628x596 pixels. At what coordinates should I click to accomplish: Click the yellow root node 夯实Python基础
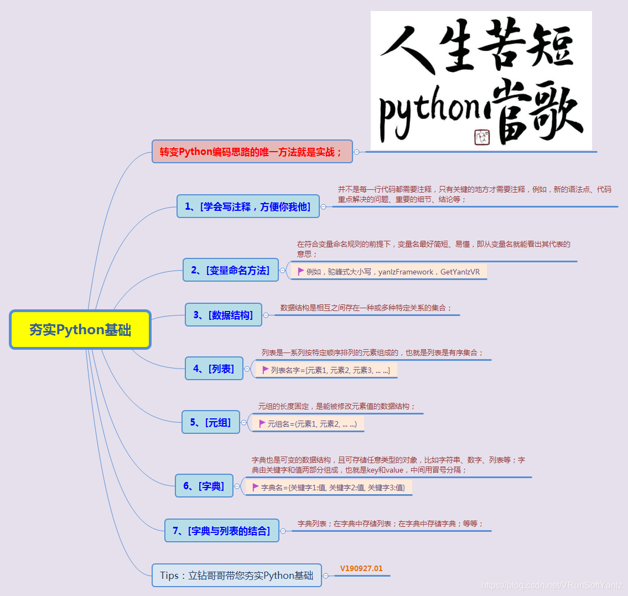80,330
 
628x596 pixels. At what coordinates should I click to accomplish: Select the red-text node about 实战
252,152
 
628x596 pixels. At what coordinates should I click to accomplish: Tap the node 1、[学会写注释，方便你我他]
248,206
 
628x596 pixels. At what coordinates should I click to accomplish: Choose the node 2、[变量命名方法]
230,270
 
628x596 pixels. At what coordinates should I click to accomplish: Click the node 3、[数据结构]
223,315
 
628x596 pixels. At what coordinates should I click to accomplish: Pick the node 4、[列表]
214,369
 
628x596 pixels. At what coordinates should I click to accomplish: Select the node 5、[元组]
210,422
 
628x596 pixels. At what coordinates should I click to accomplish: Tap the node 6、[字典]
204,486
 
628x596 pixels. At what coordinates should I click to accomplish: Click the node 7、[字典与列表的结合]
221,531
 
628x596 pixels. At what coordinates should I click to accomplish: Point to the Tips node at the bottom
236,576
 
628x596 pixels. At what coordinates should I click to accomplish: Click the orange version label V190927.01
361,568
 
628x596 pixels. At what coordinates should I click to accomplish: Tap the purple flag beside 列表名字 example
266,370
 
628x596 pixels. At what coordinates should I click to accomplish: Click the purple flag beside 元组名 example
262,423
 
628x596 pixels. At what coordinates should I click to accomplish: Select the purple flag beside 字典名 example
256,487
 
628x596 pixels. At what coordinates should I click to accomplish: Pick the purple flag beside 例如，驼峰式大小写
301,271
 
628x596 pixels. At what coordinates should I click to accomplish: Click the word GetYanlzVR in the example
460,272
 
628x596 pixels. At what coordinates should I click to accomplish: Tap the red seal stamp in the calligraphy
482,137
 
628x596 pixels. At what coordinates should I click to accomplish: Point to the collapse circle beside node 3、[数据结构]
266,315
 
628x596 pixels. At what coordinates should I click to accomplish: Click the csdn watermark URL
552,585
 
